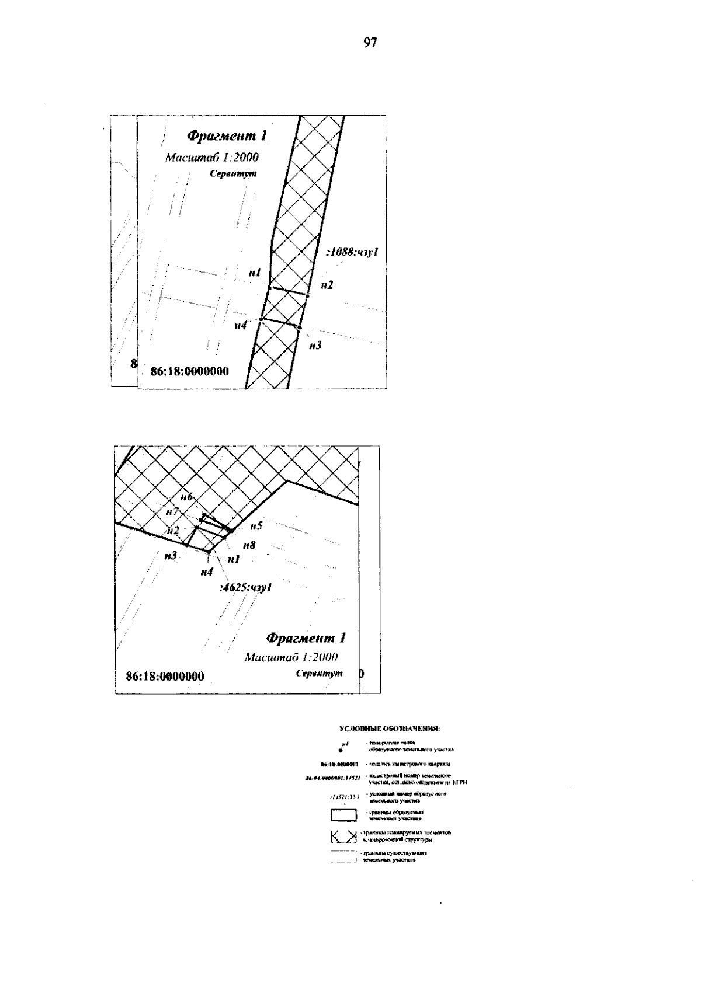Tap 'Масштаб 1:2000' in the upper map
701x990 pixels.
pos(212,158)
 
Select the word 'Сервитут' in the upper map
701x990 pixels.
pos(234,174)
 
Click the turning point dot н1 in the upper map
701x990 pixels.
pos(269,287)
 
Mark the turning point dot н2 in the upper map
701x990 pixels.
pos(307,296)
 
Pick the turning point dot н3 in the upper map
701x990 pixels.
pos(300,328)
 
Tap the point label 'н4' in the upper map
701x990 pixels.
pos(240,326)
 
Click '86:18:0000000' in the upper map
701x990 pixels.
pos(189,371)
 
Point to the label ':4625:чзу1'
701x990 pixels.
pos(245,588)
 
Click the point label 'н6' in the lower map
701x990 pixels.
pos(186,497)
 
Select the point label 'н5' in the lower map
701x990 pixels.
pos(256,526)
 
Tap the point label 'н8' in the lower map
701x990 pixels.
pos(249,545)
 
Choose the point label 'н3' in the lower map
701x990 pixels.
pos(170,556)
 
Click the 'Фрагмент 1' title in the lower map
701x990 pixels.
pos(306,637)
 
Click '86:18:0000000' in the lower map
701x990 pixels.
pos(165,677)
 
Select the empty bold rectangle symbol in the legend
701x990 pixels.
pos(343,815)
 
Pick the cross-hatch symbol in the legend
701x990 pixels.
pos(343,836)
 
